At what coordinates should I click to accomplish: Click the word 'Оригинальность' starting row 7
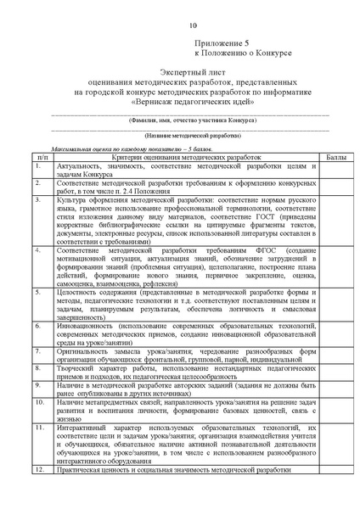coord(83,349)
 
